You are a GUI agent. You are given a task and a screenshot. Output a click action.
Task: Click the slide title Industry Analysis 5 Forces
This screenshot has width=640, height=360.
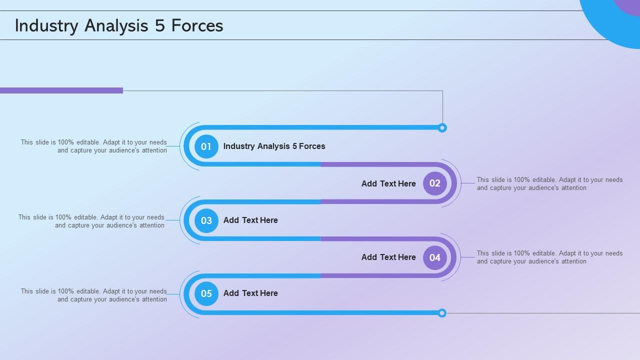(119, 25)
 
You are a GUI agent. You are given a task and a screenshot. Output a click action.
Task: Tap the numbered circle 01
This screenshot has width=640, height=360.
(206, 146)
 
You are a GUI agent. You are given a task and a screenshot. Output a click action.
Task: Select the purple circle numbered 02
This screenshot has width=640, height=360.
(435, 183)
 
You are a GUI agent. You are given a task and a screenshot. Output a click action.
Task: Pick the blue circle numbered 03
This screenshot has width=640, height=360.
(206, 220)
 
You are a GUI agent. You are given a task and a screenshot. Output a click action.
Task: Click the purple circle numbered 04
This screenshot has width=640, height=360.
(435, 257)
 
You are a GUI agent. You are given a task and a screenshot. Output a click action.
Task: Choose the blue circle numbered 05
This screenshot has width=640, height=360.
(206, 293)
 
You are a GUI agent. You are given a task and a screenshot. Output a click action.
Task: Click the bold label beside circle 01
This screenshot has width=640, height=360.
(274, 146)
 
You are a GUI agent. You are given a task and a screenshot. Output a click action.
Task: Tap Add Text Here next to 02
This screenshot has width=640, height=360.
(388, 183)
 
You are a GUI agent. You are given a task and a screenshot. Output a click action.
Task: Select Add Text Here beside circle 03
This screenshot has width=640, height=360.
(250, 220)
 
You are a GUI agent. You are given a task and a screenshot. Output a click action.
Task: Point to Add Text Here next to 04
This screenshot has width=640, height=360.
(388, 257)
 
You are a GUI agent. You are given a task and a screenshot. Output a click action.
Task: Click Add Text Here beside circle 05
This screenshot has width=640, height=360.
(250, 293)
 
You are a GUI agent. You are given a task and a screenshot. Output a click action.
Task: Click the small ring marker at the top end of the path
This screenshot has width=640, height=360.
(442, 128)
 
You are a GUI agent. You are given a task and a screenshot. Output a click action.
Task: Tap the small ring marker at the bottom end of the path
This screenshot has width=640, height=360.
(442, 313)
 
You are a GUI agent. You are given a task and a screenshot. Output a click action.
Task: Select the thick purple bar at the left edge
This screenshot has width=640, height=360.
(61, 90)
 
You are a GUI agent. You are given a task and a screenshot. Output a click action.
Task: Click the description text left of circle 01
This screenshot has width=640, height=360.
(94, 146)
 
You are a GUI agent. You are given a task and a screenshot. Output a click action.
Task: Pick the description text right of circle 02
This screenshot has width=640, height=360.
(549, 183)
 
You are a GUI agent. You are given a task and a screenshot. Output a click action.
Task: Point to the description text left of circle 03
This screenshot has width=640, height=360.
(91, 221)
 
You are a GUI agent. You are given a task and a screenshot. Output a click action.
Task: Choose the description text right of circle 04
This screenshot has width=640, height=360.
(549, 257)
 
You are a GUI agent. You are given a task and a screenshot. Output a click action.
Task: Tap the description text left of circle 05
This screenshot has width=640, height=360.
(94, 295)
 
